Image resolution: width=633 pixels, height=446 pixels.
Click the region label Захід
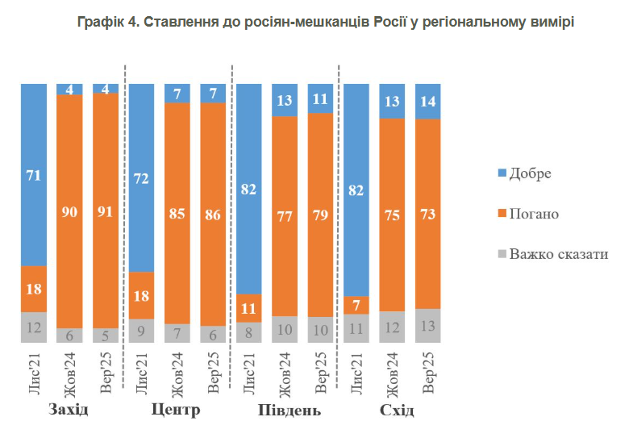click(x=69, y=410)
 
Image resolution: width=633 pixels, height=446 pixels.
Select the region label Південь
click(x=285, y=410)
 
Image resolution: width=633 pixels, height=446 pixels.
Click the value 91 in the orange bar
click(x=106, y=211)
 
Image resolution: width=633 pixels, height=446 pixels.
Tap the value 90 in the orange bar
click(x=70, y=211)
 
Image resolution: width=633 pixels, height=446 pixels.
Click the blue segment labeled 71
click(x=34, y=174)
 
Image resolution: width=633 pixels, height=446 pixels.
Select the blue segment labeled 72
click(x=141, y=177)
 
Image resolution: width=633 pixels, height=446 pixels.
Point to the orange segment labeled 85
click(x=177, y=213)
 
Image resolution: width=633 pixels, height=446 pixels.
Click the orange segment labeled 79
click(x=320, y=215)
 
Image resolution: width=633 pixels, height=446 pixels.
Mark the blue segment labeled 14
click(x=428, y=101)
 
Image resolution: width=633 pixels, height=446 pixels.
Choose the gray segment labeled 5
click(x=106, y=335)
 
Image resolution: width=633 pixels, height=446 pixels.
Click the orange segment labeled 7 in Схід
click(x=356, y=305)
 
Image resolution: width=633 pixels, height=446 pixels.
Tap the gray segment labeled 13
click(x=428, y=326)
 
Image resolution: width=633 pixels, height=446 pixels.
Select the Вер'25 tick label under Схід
click(x=428, y=373)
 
